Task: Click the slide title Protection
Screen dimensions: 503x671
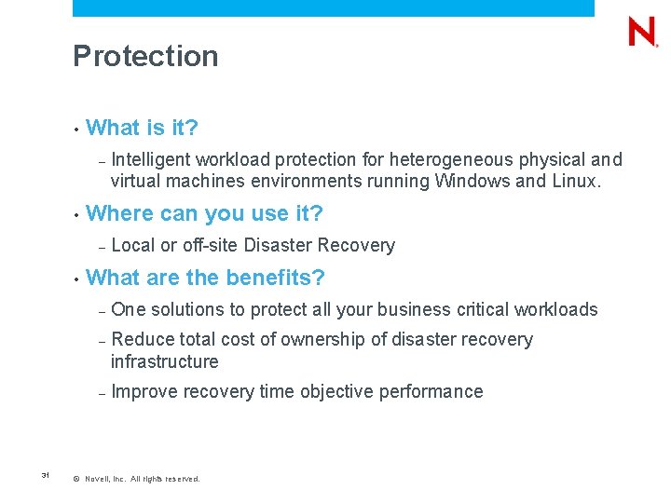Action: (x=145, y=57)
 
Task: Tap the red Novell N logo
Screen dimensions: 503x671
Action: (x=642, y=33)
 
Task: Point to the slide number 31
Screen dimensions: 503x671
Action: (x=45, y=476)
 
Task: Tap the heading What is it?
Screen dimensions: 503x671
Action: (x=142, y=128)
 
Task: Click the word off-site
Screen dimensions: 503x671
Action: (x=210, y=246)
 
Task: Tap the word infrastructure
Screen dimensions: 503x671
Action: (x=164, y=361)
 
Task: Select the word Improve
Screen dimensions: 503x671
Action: (x=144, y=391)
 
